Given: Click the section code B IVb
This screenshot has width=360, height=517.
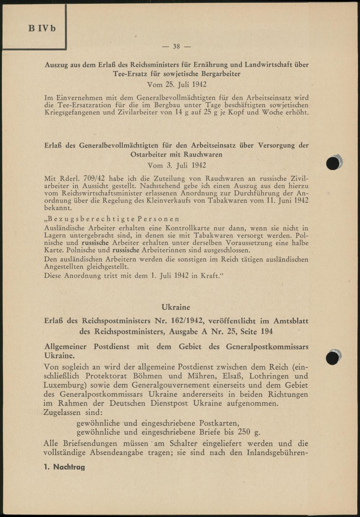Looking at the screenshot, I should point(42,28).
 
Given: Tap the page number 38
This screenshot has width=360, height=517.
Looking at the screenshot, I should point(176,46).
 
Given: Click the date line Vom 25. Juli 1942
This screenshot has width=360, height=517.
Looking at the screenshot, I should point(177,85).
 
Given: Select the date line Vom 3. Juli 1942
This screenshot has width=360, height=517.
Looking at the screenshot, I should point(177,165).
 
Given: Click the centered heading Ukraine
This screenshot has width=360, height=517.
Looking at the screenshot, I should point(176,307).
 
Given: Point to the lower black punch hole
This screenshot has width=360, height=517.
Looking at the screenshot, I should point(333,358).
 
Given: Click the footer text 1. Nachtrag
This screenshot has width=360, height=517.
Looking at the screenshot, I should point(64,467).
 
